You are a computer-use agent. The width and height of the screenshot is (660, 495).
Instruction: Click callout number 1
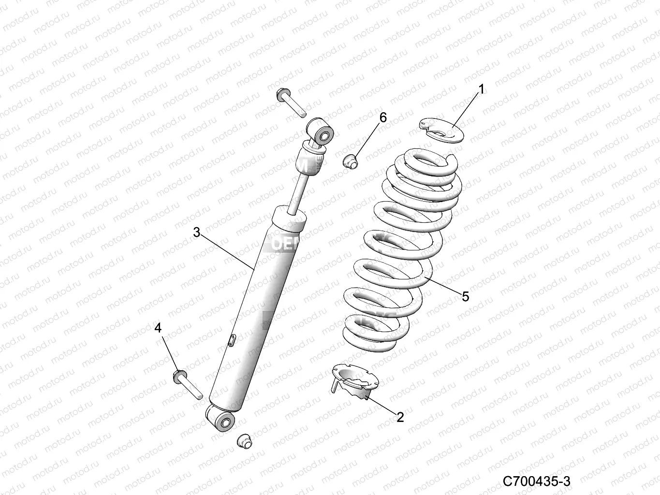[481, 89]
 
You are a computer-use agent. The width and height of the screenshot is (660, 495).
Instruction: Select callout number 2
[400, 417]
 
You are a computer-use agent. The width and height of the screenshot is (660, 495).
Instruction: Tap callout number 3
[196, 233]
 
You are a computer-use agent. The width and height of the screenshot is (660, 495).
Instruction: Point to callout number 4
[158, 328]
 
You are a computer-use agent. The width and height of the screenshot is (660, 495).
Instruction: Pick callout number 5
[465, 296]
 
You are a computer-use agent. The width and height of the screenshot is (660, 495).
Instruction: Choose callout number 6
[383, 117]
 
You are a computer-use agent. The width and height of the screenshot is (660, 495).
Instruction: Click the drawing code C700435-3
[536, 481]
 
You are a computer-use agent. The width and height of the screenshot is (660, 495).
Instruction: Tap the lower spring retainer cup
[354, 382]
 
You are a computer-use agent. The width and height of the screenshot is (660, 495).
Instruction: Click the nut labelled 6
[350, 161]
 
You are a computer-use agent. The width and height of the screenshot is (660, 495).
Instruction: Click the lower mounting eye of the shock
[222, 419]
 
